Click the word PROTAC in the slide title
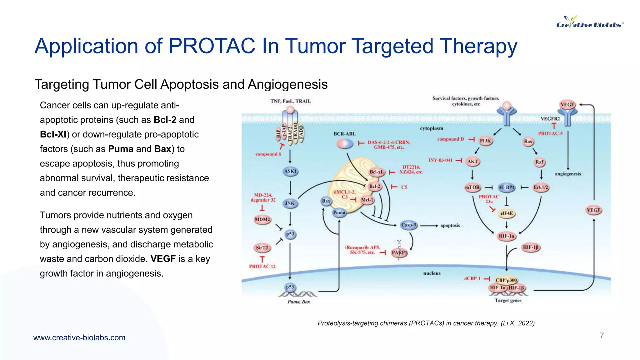(212, 46)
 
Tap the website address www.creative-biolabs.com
(79, 337)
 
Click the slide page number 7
(602, 336)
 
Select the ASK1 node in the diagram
(290, 171)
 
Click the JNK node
(290, 203)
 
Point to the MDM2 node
(262, 220)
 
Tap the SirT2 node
(262, 248)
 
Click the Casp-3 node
(409, 225)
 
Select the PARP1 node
(399, 252)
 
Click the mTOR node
(472, 187)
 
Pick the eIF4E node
(506, 213)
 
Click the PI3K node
(485, 141)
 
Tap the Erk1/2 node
(541, 187)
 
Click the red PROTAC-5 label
(550, 133)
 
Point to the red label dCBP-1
(472, 278)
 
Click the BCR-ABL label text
(344, 134)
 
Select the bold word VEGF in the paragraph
(163, 259)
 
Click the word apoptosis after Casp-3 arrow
(450, 225)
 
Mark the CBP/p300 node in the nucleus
(506, 280)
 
